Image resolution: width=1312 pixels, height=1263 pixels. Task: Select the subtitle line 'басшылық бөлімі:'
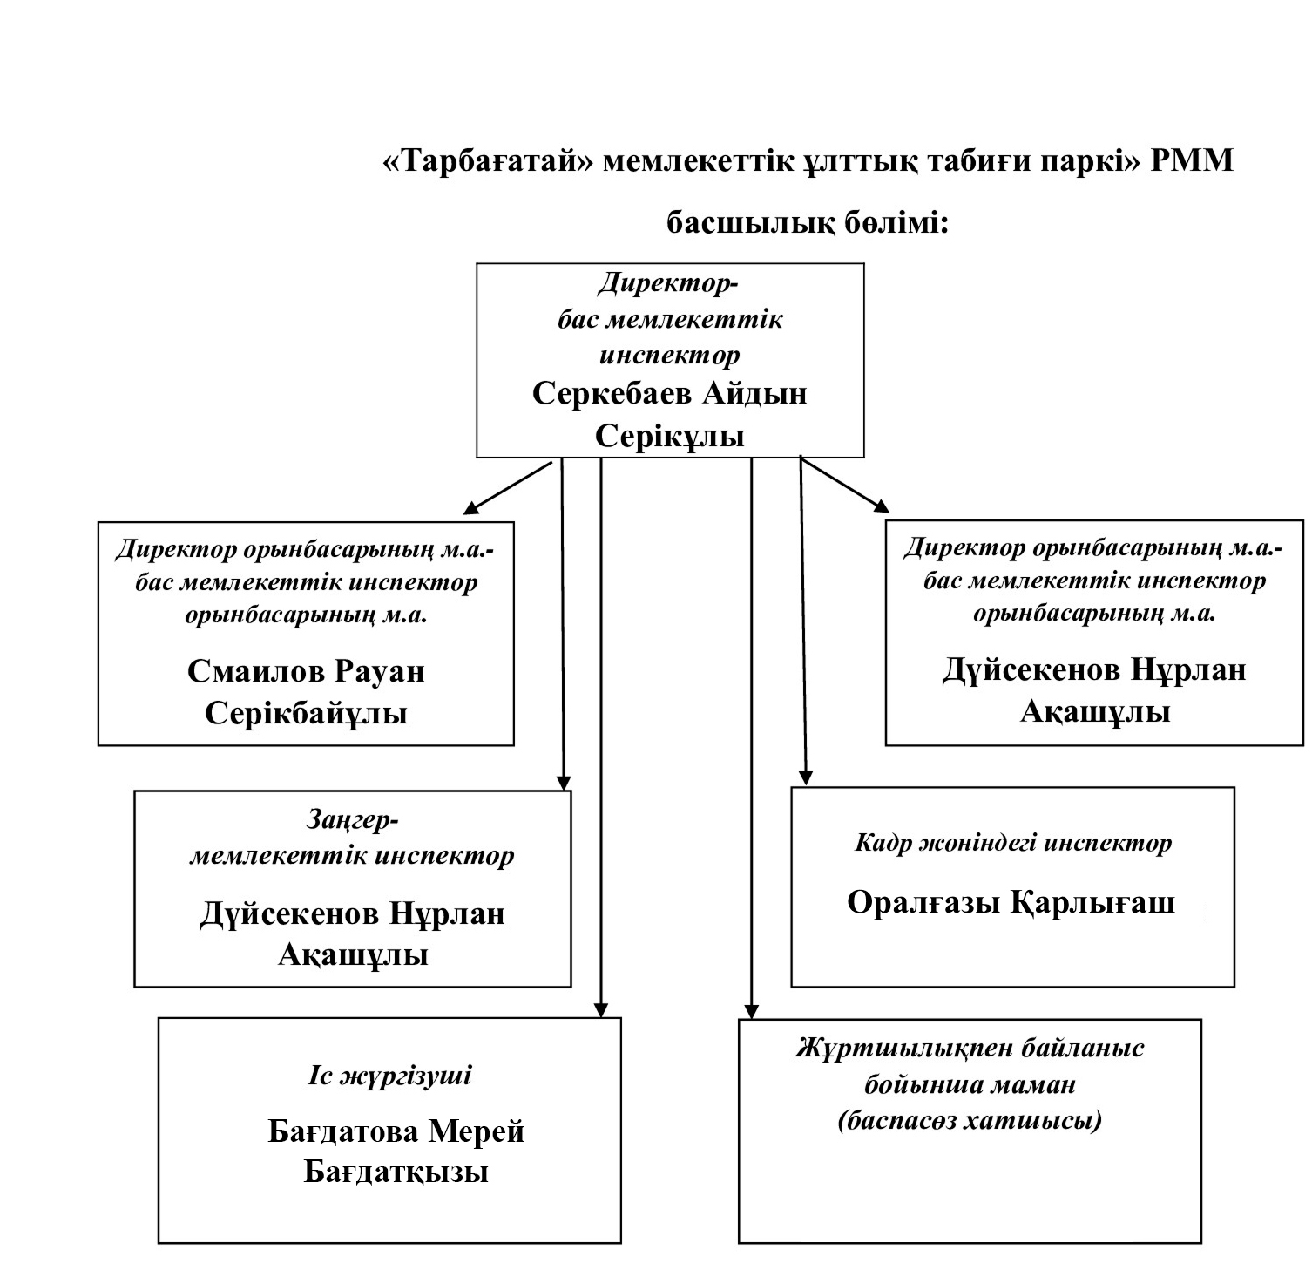807,224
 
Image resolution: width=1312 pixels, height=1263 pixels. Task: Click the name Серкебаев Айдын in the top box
669,393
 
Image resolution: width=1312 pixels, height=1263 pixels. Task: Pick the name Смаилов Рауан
306,671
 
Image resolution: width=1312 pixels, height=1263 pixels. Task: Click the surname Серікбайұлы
306,714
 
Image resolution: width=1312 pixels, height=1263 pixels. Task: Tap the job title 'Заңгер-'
352,820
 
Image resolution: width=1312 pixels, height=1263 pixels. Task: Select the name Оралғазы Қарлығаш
1011,902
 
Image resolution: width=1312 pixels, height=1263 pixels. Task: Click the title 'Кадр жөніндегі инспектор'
1013,843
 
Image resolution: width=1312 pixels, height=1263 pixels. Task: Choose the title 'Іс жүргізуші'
389,1076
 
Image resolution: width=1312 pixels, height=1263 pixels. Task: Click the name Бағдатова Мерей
396,1131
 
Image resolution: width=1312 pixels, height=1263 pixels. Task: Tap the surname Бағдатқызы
396,1172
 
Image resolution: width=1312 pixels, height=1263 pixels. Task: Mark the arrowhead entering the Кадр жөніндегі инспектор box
806,777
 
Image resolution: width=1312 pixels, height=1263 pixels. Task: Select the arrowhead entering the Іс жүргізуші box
599,1009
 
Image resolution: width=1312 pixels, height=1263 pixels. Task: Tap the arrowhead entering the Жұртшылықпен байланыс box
752,1010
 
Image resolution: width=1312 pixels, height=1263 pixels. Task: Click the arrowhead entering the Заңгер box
564,782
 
